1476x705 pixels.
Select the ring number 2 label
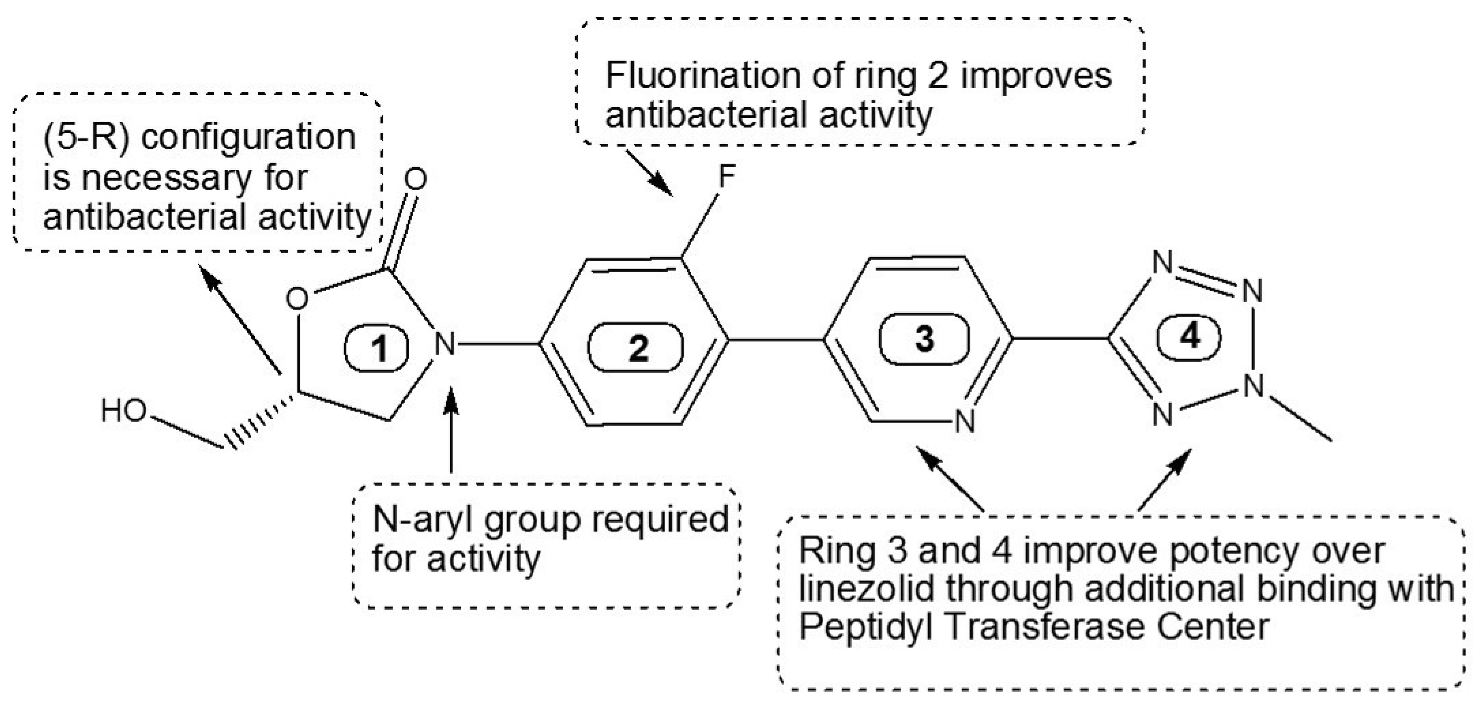point(637,348)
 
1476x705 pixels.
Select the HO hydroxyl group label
point(123,411)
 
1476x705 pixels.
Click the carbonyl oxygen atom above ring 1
point(416,179)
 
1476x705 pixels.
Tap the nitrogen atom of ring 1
point(445,344)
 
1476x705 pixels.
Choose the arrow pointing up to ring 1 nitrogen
point(451,430)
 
